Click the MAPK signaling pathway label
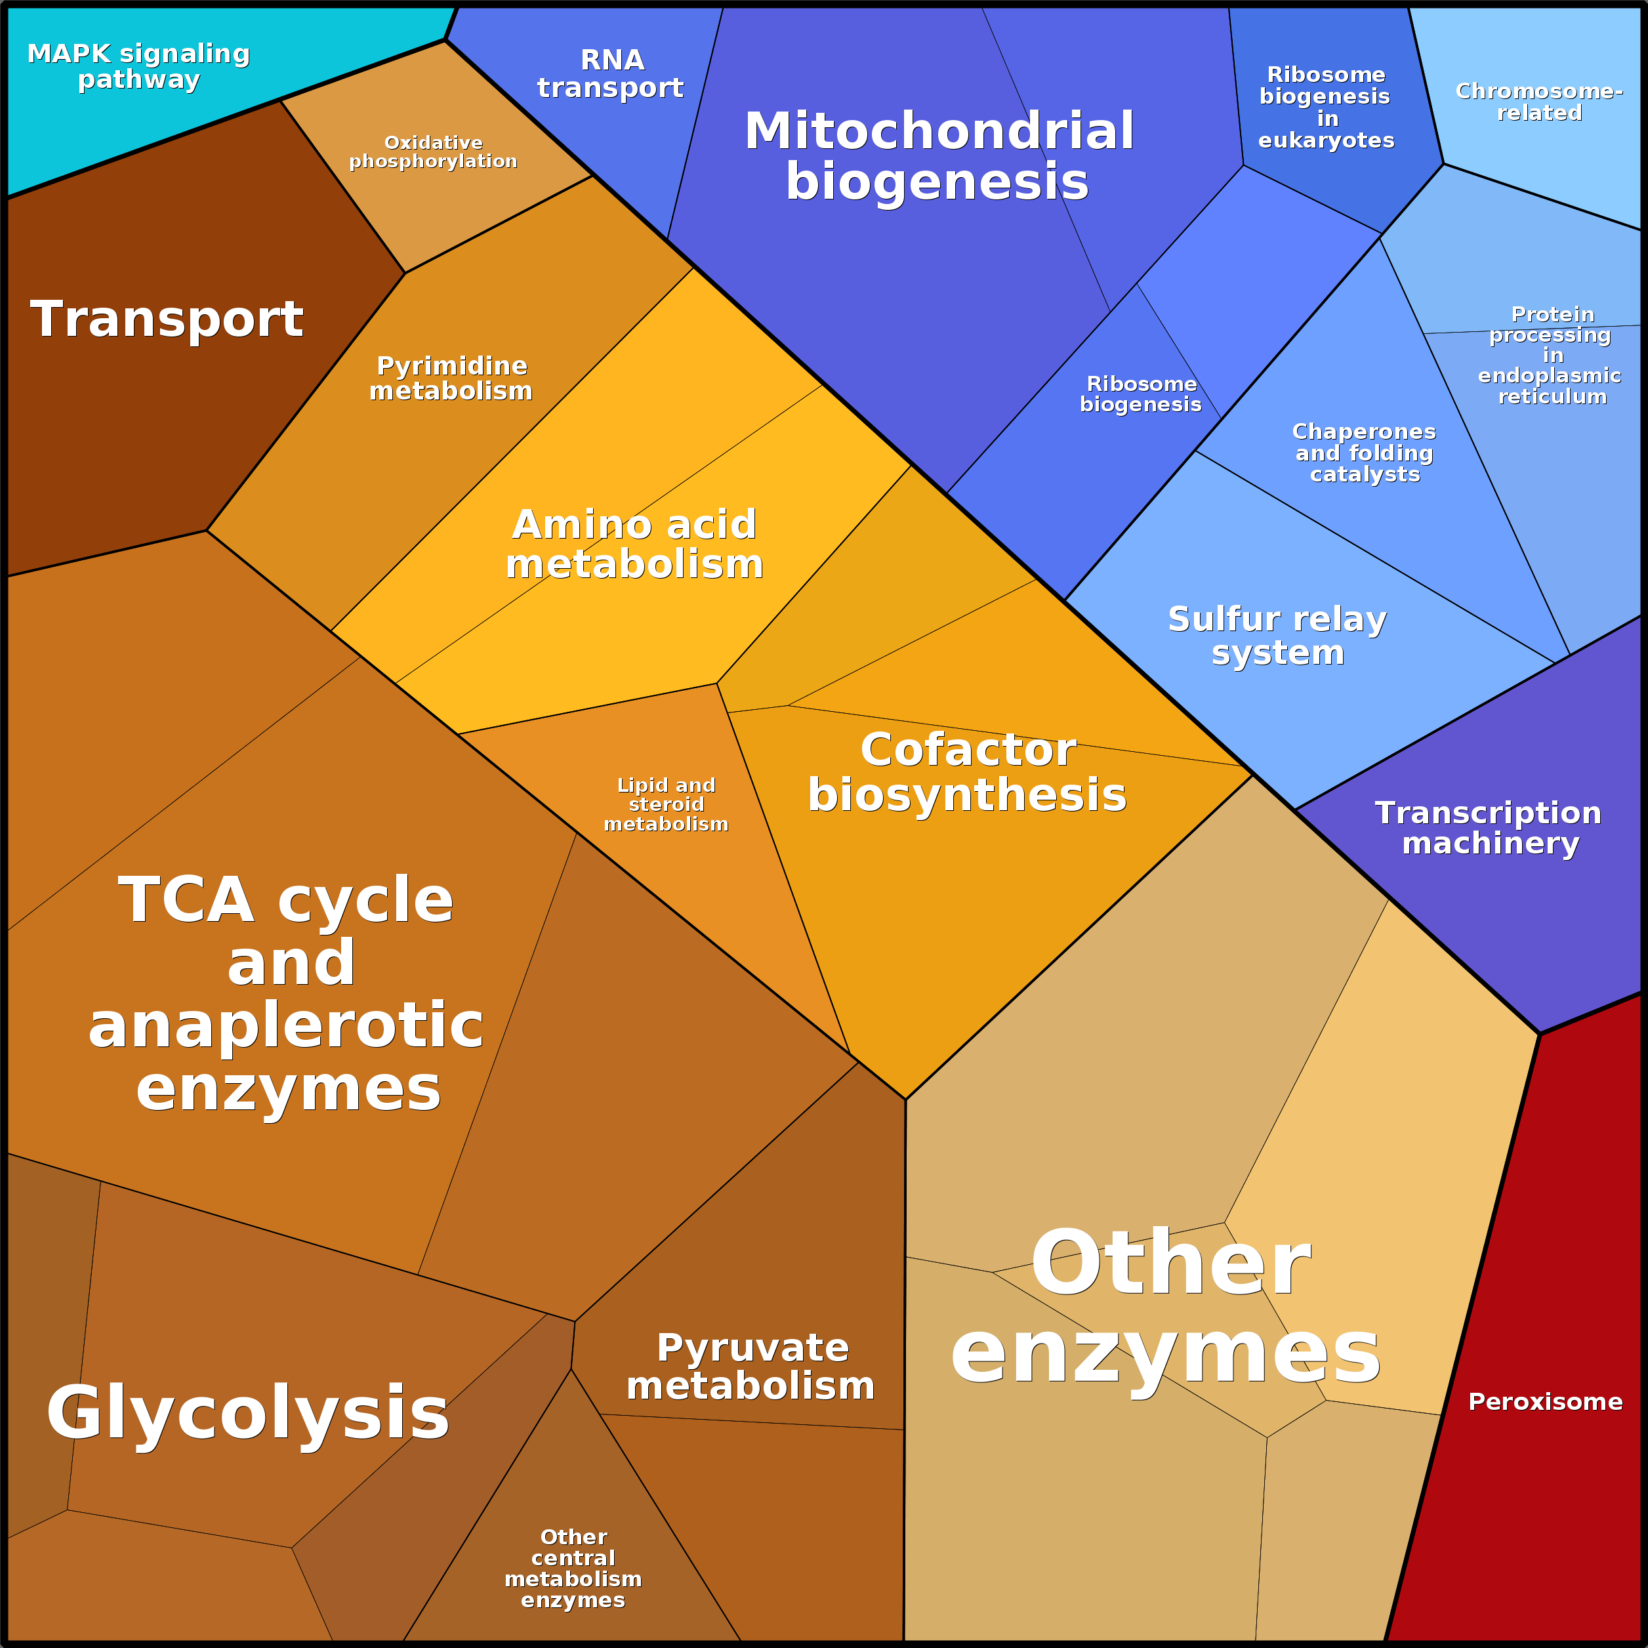click(x=138, y=66)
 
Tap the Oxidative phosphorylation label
click(x=434, y=152)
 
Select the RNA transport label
click(x=611, y=74)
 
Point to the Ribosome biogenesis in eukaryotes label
click(x=1326, y=108)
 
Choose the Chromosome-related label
click(x=1539, y=102)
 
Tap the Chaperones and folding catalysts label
click(x=1364, y=453)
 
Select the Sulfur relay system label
click(x=1277, y=636)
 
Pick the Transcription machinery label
click(x=1489, y=829)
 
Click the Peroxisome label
click(x=1545, y=1401)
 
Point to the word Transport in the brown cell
click(x=167, y=319)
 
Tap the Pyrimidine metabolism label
click(x=451, y=378)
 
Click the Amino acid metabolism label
click(x=634, y=545)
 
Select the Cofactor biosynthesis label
click(x=967, y=772)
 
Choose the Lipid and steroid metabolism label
click(x=666, y=804)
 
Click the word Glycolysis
click(x=247, y=1412)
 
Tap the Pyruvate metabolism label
click(x=751, y=1367)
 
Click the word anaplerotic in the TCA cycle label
click(x=286, y=1025)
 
